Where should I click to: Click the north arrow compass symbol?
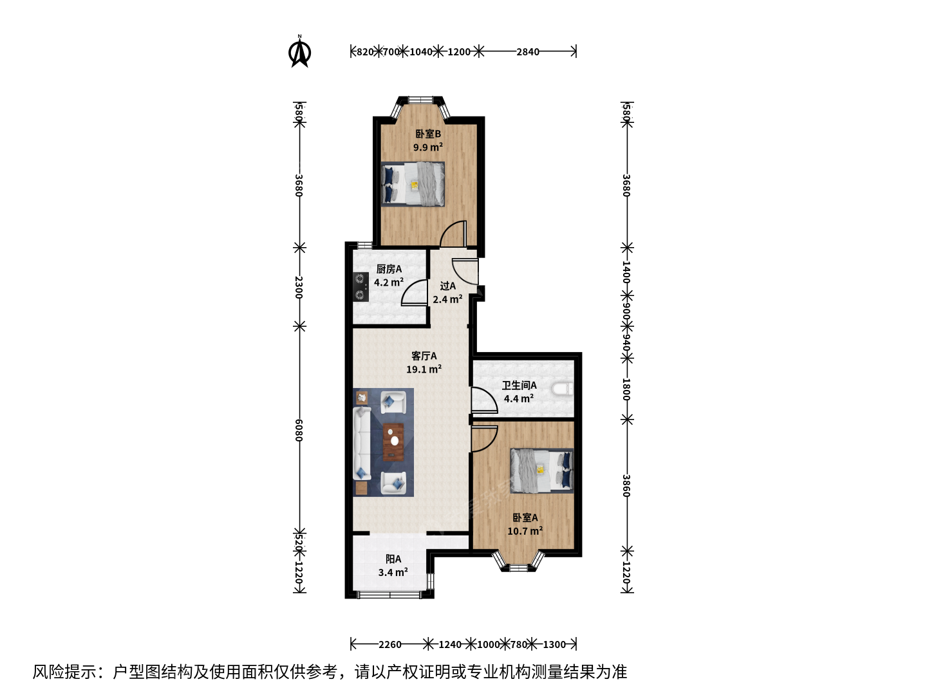pyautogui.click(x=299, y=51)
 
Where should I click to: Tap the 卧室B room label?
pyautogui.click(x=428, y=134)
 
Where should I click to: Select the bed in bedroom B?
pyautogui.click(x=413, y=185)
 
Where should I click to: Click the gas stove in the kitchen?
pyautogui.click(x=360, y=286)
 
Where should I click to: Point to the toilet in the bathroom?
pyautogui.click(x=562, y=389)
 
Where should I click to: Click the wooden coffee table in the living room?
pyautogui.click(x=393, y=442)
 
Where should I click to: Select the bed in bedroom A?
pyautogui.click(x=542, y=470)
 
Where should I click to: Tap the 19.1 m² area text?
pyautogui.click(x=424, y=369)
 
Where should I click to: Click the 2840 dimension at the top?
pyautogui.click(x=527, y=52)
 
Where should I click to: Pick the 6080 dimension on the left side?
pyautogui.click(x=299, y=431)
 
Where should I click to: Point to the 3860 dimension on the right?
pyautogui.click(x=627, y=486)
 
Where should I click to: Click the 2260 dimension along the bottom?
pyautogui.click(x=389, y=644)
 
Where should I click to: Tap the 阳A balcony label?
pyautogui.click(x=393, y=559)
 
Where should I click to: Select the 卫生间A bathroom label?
pyautogui.click(x=519, y=385)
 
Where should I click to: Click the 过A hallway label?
pyautogui.click(x=447, y=286)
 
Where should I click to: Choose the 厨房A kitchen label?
pyautogui.click(x=389, y=269)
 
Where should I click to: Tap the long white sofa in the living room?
pyautogui.click(x=362, y=443)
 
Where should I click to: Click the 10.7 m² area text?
pyautogui.click(x=525, y=531)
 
